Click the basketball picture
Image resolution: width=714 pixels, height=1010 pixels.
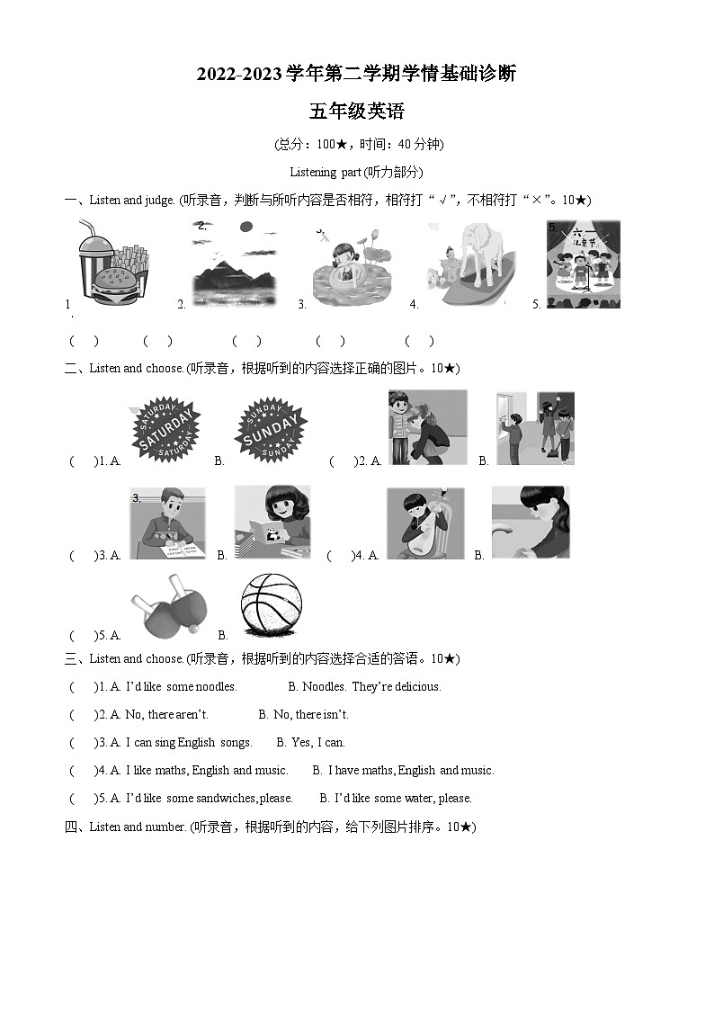[x=272, y=605]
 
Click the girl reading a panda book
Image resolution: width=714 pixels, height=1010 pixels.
[x=272, y=522]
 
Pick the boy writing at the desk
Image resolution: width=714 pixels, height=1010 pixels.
[x=166, y=523]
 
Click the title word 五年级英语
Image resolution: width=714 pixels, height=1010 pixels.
[x=356, y=112]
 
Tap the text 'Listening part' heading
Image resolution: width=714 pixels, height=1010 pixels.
[x=356, y=172]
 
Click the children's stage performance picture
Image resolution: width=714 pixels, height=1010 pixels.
[x=584, y=264]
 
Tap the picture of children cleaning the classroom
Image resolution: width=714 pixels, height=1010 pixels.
[x=536, y=427]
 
